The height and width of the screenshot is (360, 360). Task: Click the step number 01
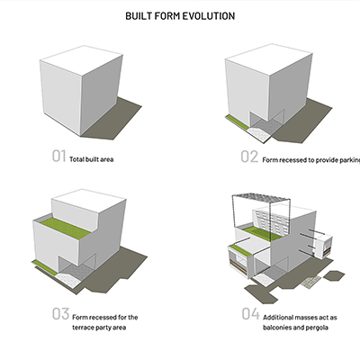coord(58,156)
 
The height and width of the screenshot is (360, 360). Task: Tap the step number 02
coord(249,157)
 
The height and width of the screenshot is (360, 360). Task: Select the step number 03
coord(60,313)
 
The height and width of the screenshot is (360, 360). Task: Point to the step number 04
coord(250,314)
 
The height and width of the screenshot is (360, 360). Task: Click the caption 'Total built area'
coord(92,159)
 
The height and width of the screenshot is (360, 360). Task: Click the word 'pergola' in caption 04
coord(317,328)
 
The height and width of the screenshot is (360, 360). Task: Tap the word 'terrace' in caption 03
coord(83,328)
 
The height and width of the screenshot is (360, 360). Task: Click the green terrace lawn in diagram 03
coord(66,228)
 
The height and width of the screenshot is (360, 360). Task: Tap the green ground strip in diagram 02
coord(238,122)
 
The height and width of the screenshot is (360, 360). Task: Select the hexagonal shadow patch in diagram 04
coord(334,275)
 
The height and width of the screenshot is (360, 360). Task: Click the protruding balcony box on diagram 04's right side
coord(323,246)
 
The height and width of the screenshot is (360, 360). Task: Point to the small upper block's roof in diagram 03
coord(89,200)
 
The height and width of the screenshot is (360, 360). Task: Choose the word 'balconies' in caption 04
coord(277,328)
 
